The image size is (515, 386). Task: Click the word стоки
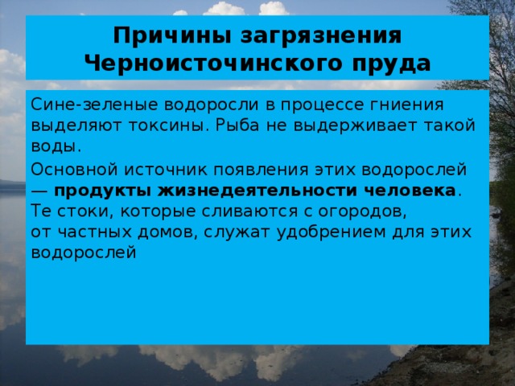click(74, 211)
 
